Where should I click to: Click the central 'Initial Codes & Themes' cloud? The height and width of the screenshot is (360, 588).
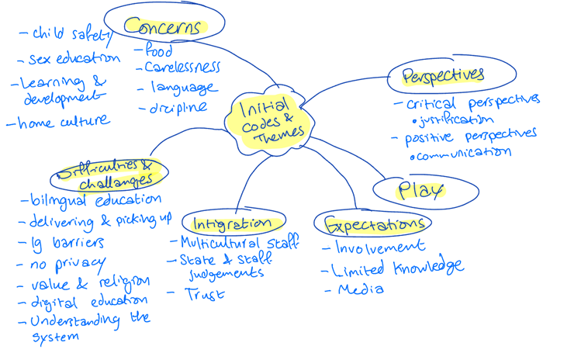click(265, 120)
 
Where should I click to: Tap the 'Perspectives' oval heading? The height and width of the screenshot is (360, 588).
click(443, 75)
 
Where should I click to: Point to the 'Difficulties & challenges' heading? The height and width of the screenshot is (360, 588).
click(109, 174)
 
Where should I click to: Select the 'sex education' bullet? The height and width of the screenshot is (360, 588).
click(74, 59)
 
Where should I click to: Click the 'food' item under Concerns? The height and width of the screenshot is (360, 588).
click(155, 51)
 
